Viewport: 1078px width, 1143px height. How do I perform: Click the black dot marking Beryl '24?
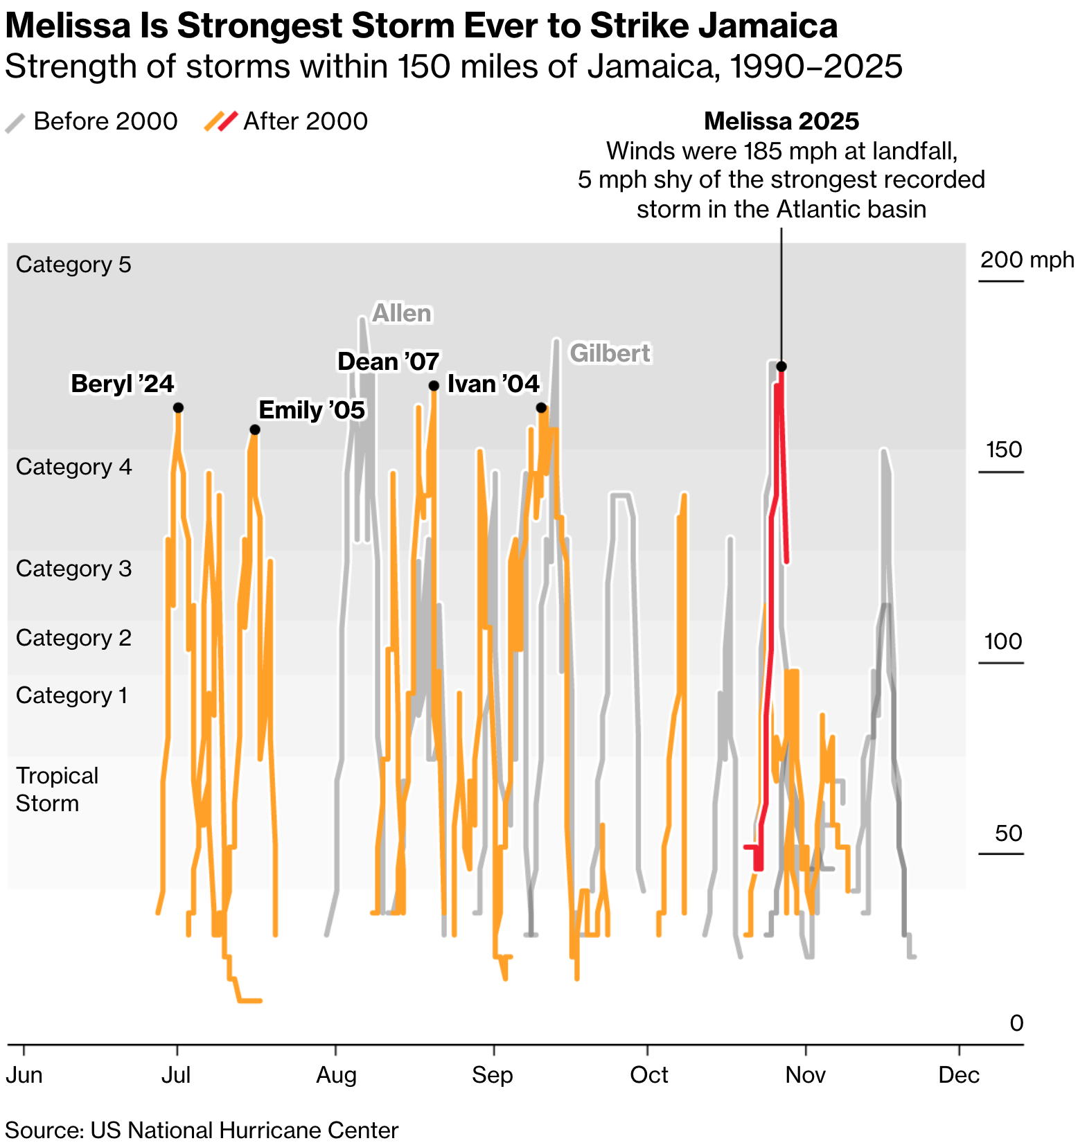[x=178, y=407]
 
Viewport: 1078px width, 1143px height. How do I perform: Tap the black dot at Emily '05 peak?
[x=255, y=429]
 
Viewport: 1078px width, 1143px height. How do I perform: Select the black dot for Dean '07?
[x=434, y=386]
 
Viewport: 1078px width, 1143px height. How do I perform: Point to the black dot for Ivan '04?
[x=541, y=407]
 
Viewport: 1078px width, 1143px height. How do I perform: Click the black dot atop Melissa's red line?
[x=781, y=366]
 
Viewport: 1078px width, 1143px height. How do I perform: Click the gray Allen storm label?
[x=402, y=314]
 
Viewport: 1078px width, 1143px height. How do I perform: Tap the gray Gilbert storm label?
[x=610, y=353]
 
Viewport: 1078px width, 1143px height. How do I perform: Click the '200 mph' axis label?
[x=1026, y=260]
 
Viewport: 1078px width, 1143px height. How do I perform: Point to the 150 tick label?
[x=1004, y=450]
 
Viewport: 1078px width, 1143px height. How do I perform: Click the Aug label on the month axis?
[x=336, y=1075]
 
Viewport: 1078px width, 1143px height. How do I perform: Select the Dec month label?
[x=959, y=1075]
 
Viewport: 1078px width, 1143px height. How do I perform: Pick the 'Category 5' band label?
[x=73, y=265]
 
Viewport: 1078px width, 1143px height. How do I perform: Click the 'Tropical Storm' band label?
[x=57, y=789]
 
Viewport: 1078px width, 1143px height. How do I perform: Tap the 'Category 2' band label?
[x=73, y=637]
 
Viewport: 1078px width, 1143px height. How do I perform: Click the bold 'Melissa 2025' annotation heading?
[x=781, y=121]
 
